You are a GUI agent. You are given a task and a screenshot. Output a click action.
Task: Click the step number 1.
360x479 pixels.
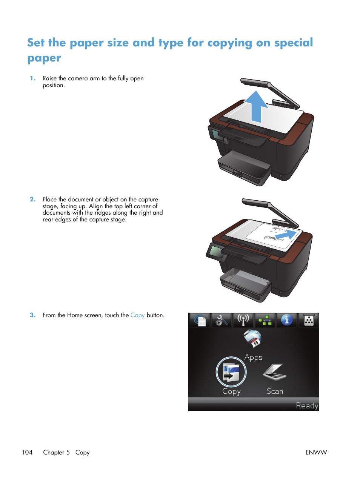coord(33,78)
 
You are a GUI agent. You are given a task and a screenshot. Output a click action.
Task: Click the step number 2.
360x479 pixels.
coord(33,200)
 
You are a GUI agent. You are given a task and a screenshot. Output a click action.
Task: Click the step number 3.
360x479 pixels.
coord(33,315)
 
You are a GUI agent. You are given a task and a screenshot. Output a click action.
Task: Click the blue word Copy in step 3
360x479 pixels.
coord(137,315)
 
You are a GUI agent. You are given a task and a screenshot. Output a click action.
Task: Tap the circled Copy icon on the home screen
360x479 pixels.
coord(231,372)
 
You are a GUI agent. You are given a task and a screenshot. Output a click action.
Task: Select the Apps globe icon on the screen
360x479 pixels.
coord(252,338)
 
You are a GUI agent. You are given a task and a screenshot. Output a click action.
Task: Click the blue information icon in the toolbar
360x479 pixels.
coord(287,320)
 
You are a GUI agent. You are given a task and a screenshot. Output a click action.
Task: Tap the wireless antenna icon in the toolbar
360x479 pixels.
coord(243,320)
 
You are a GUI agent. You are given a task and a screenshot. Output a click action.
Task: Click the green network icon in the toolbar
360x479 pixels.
coord(265,321)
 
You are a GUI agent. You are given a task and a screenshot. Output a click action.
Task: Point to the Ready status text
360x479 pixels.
coord(307,406)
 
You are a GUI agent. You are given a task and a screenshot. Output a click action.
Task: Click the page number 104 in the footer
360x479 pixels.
coord(27,453)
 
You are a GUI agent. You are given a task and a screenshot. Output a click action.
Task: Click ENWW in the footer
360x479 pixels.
coord(316,453)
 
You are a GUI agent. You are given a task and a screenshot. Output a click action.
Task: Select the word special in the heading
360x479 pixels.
coord(293,43)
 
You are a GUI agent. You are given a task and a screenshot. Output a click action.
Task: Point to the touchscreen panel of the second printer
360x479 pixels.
coord(216,252)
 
